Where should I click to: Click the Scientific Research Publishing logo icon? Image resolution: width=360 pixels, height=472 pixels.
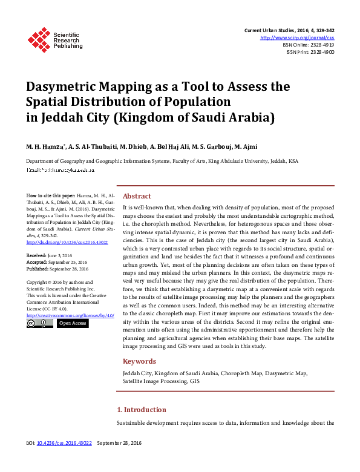coord(38,40)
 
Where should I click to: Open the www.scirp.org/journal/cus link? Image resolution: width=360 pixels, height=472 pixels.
coord(297,38)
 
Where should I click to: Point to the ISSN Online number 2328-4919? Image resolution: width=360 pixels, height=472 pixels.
coord(321,45)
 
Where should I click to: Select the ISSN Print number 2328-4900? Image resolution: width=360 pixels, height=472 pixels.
coord(321,52)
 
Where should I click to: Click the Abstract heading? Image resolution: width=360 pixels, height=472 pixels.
coord(137,196)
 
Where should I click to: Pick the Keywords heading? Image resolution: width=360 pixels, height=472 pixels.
coord(139,361)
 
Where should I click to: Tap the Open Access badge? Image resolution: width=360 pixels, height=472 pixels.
coord(72,323)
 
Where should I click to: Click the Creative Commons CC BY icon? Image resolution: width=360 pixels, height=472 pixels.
coord(39,323)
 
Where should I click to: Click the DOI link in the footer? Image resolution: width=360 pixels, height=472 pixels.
coord(64,461)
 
